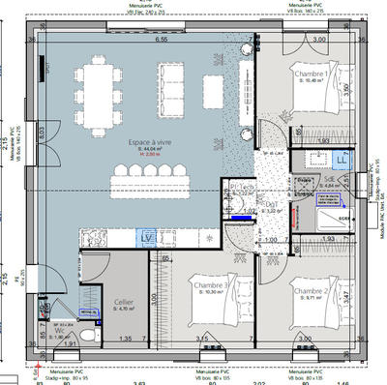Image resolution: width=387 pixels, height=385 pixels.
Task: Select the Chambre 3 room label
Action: (x=210, y=286)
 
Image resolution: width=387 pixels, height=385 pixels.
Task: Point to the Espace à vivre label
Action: (x=148, y=142)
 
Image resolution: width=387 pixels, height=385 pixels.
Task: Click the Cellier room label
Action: (x=124, y=302)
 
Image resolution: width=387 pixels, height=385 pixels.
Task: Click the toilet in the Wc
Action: (x=88, y=334)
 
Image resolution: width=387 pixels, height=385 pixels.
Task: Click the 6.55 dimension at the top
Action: (x=162, y=41)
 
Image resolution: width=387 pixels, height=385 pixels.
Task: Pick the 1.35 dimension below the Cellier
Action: (x=125, y=340)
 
